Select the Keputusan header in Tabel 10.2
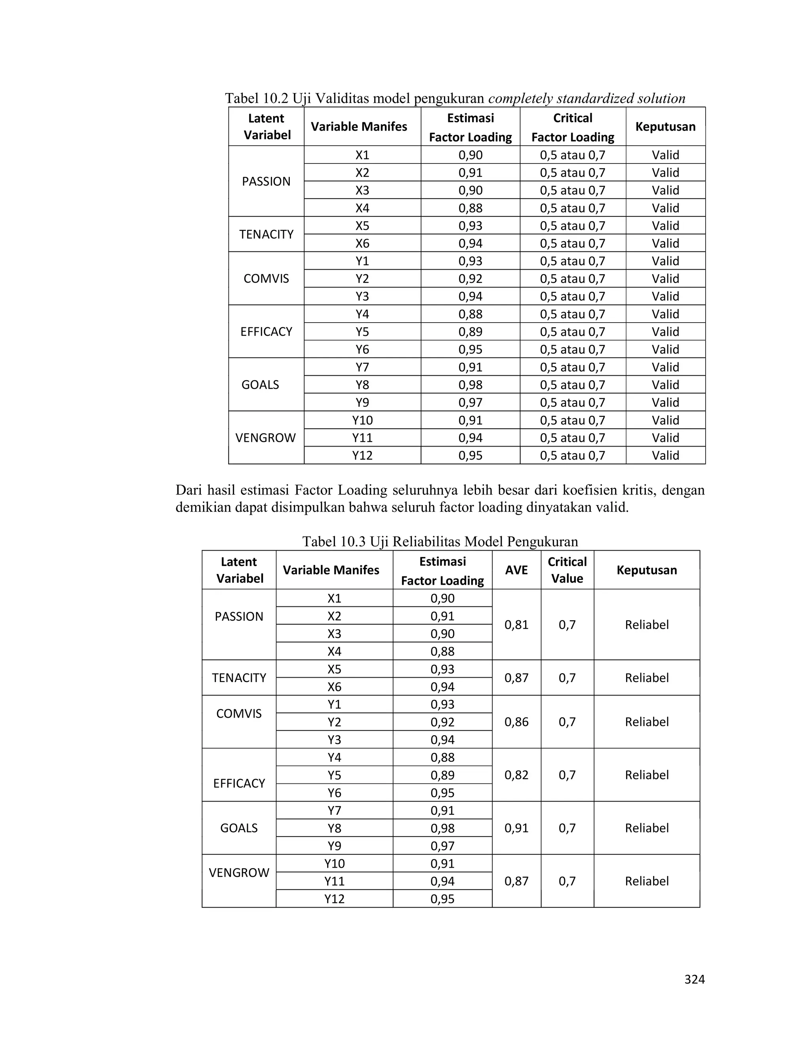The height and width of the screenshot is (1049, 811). [665, 127]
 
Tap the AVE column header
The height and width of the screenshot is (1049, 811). [516, 570]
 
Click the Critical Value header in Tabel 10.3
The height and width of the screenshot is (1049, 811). [567, 570]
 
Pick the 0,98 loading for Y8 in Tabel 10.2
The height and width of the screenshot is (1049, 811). [470, 385]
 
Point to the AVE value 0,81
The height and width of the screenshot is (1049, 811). [516, 624]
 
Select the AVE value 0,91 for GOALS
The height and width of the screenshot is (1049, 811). [516, 828]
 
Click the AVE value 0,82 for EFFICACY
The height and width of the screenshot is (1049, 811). [516, 775]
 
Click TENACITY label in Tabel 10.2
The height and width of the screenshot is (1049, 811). [266, 234]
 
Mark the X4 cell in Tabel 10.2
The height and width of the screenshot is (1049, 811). [362, 208]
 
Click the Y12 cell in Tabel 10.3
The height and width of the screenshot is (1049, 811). [334, 899]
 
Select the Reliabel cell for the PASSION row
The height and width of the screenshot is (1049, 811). [647, 624]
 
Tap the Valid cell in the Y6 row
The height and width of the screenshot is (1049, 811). [665, 349]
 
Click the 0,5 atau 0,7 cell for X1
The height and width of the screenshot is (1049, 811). [572, 155]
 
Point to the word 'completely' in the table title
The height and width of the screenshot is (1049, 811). [520, 99]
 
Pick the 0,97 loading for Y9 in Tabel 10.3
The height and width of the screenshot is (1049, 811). [442, 846]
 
